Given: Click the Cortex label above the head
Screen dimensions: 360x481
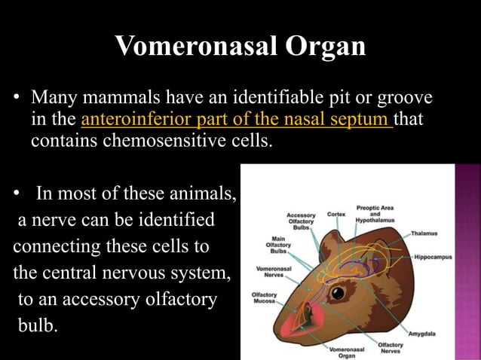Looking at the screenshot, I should (x=336, y=214).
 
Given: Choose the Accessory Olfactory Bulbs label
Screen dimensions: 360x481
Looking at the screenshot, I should (x=301, y=220).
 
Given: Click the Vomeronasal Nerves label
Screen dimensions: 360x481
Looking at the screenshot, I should (x=270, y=271).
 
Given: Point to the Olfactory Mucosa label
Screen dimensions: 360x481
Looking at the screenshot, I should (x=265, y=297).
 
